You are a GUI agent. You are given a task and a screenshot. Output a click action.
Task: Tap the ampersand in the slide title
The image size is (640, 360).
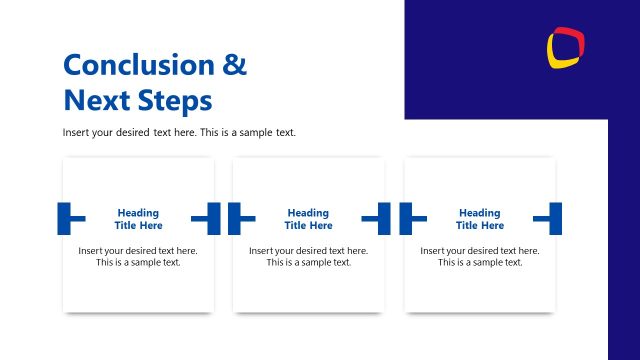(233, 66)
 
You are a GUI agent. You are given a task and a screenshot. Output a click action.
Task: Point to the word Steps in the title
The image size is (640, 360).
(175, 101)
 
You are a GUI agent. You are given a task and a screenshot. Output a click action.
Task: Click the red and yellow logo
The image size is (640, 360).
(566, 47)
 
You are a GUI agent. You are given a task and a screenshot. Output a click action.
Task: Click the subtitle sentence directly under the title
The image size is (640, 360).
(179, 133)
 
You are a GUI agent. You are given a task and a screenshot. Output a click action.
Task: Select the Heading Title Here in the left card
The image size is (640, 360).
(138, 219)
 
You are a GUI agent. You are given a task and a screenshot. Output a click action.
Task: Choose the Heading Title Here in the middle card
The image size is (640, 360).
(308, 219)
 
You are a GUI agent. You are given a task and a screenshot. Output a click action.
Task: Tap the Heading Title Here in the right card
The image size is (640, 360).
(479, 219)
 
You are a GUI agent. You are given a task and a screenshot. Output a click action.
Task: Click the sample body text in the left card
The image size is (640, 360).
(138, 256)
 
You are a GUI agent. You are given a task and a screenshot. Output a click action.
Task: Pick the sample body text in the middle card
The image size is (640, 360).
(308, 256)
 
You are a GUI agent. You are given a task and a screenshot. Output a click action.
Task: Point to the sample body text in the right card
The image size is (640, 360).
(479, 256)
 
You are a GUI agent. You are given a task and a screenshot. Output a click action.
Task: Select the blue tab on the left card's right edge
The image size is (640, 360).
(209, 218)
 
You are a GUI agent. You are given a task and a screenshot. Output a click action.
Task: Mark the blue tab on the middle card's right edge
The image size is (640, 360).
(380, 218)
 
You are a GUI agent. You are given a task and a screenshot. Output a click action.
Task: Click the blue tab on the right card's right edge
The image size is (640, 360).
(551, 218)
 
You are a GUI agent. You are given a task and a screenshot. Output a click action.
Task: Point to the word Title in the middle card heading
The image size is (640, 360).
(295, 226)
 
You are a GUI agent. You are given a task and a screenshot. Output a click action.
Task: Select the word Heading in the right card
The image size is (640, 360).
(479, 212)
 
